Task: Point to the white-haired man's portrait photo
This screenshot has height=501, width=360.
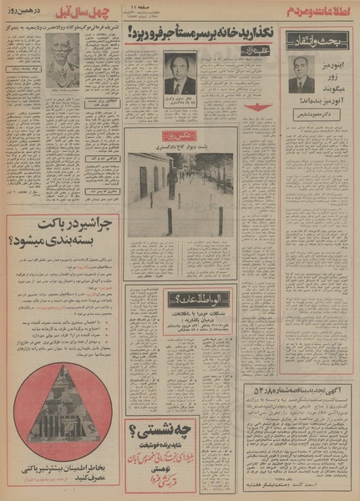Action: tap(63, 60)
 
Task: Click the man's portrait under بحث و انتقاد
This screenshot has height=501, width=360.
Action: tap(302, 74)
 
